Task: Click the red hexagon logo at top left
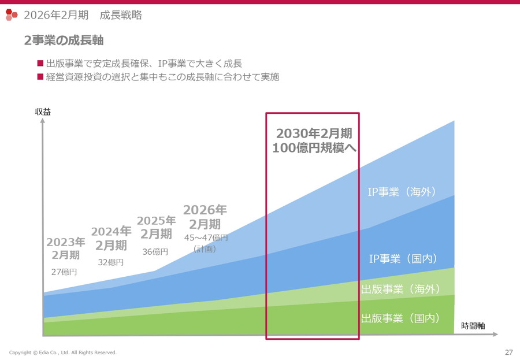(12, 14)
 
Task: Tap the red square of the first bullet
(40, 63)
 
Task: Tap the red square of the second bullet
(40, 76)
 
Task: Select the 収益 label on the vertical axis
(43, 112)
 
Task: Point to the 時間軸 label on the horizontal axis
(473, 326)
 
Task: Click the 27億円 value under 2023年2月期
(65, 272)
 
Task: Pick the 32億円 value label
(111, 262)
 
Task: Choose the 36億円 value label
(155, 251)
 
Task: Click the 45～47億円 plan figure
(206, 237)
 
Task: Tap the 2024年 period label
(111, 232)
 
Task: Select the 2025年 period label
(156, 221)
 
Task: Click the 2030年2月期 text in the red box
(314, 133)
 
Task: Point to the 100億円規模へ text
(314, 148)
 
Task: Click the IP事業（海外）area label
(402, 192)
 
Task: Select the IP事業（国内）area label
(403, 258)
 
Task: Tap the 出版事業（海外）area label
(400, 289)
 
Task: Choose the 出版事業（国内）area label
(400, 318)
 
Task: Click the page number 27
(508, 352)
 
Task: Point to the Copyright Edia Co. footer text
(62, 352)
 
